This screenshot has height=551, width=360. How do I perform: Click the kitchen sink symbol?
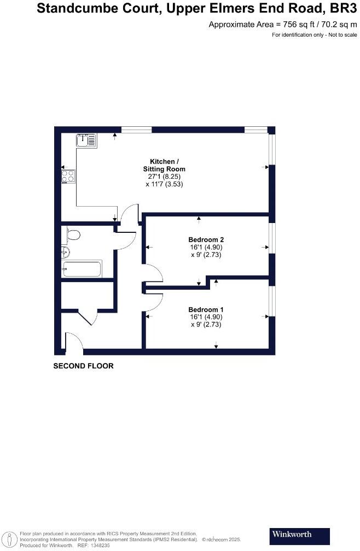(86, 141)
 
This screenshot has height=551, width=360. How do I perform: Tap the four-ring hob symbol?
(68, 176)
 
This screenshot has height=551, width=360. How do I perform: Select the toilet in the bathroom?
(73, 235)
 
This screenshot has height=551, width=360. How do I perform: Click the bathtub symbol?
(82, 269)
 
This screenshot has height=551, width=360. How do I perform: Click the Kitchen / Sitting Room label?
(165, 165)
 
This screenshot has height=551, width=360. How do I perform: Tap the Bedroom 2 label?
(206, 239)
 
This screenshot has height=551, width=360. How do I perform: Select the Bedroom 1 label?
(206, 309)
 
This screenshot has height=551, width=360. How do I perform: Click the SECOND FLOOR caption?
(83, 366)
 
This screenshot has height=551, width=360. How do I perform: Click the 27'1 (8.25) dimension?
(165, 177)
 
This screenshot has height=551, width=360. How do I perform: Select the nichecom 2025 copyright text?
(222, 540)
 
